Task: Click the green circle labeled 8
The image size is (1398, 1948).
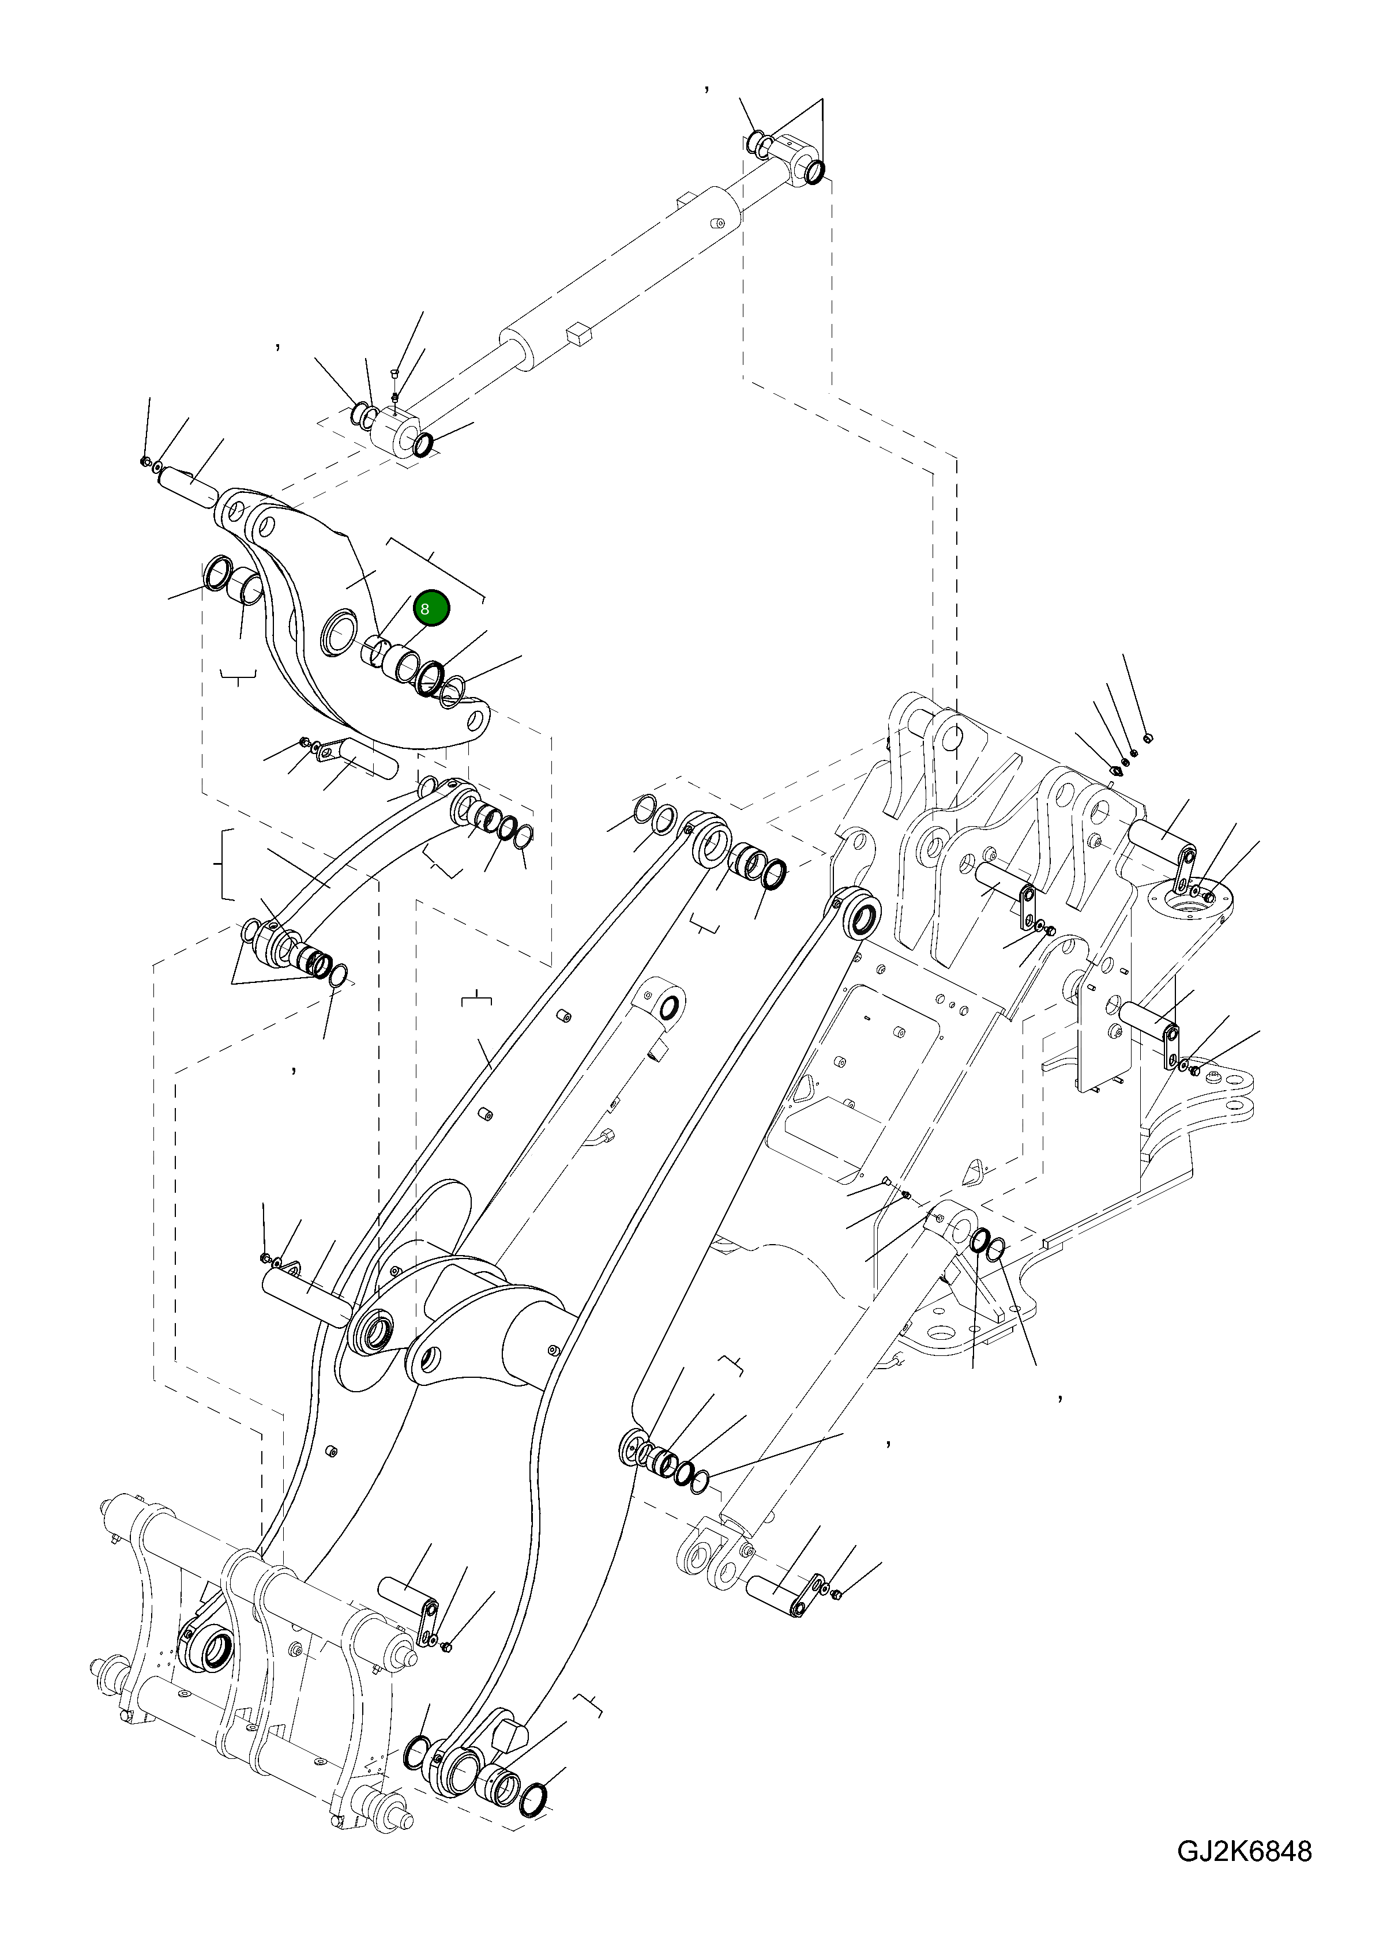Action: (430, 608)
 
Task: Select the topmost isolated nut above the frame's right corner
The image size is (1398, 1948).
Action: (1149, 738)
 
